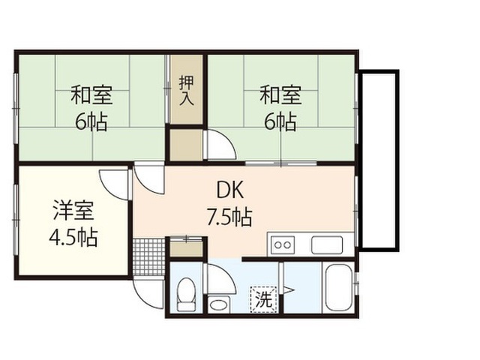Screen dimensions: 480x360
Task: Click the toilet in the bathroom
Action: [187, 294]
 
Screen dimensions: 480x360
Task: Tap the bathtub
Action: [338, 288]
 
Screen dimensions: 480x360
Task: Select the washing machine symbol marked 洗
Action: [263, 299]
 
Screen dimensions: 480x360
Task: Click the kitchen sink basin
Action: [327, 245]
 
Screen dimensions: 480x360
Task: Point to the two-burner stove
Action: [282, 245]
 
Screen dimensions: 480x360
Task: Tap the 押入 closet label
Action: [187, 91]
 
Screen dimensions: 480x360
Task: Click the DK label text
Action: [230, 190]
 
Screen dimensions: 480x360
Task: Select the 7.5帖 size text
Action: [229, 217]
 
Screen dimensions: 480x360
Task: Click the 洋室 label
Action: [73, 210]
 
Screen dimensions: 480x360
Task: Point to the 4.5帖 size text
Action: [73, 237]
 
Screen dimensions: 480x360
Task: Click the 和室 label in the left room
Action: [91, 95]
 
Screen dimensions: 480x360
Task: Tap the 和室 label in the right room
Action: [280, 95]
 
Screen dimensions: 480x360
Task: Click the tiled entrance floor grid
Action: [149, 257]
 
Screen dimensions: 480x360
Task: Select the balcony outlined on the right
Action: [379, 160]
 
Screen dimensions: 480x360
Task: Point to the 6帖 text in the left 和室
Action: [91, 121]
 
